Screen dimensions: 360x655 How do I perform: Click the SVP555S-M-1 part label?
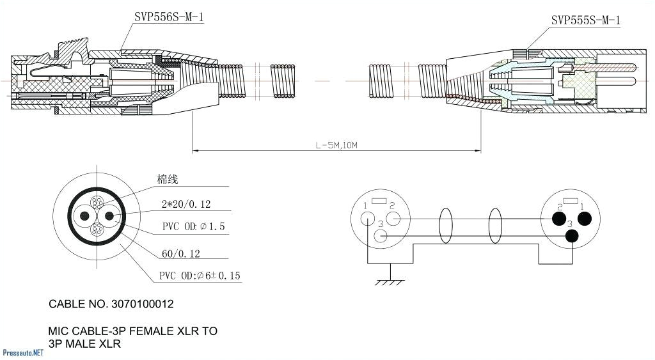point(585,20)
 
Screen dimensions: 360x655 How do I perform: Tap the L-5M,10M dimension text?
point(336,145)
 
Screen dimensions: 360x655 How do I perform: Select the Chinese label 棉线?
point(168,180)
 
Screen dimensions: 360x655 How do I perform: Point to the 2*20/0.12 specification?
point(185,205)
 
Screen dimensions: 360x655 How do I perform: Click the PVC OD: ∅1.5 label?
point(193,227)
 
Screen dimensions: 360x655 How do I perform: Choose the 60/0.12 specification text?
point(180,254)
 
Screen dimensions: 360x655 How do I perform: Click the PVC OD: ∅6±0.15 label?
point(200,276)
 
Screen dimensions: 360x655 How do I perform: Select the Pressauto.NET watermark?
point(22,353)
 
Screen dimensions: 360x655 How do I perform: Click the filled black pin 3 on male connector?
point(571,236)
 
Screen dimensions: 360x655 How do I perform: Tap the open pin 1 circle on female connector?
point(367,219)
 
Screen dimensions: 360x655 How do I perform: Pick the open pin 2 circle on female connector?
point(393,219)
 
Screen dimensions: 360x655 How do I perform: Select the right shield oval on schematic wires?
point(494,227)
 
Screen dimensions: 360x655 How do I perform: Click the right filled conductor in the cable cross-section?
point(108,217)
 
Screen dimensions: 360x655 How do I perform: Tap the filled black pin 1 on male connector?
point(583,219)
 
